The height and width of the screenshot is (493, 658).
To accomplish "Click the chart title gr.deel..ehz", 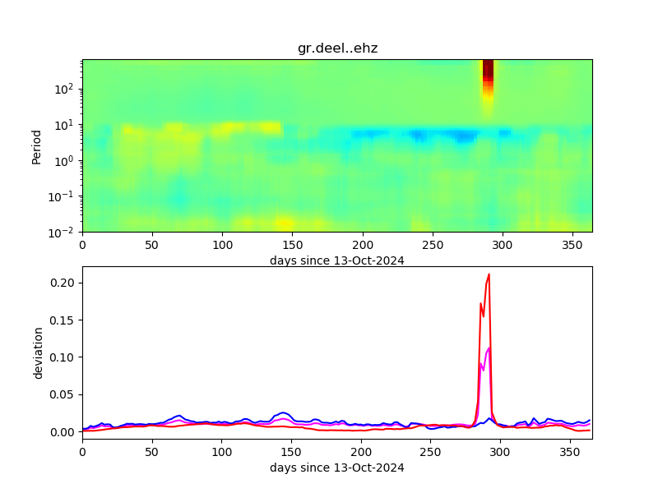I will coord(337,48).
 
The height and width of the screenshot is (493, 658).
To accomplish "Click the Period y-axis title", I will coord(36,145).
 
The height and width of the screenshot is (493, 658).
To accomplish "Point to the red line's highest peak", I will coord(489,274).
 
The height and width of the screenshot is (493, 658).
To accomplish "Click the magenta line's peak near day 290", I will coord(489,348).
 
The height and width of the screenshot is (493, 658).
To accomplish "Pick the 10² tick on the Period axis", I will coord(66,89).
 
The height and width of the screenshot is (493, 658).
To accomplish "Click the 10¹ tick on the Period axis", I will coord(66,125).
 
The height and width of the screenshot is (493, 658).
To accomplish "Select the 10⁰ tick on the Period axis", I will coord(66,160).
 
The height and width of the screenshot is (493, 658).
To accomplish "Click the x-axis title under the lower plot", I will coord(337,468).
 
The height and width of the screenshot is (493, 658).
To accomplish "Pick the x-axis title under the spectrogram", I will coord(337,260).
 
